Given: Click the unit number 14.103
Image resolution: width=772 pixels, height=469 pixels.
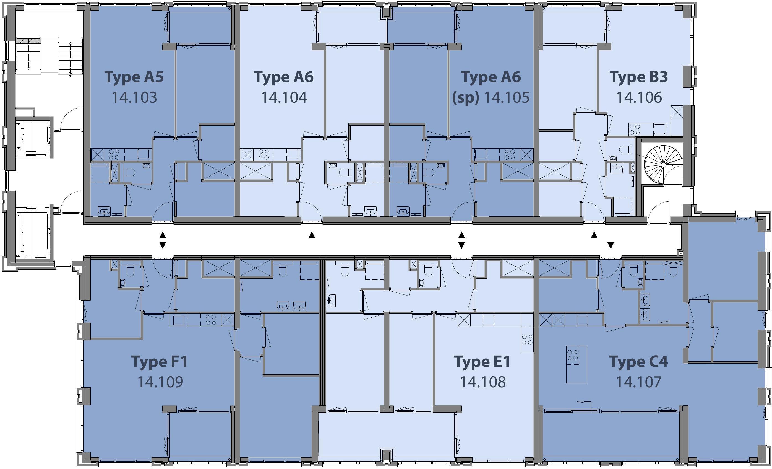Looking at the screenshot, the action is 134,97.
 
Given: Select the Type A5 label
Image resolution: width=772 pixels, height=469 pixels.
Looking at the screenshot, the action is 134,77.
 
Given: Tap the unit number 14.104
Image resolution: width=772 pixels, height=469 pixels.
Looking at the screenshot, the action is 284,97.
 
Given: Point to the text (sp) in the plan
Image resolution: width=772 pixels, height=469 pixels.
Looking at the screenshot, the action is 466,97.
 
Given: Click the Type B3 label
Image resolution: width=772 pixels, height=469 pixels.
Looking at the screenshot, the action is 638,77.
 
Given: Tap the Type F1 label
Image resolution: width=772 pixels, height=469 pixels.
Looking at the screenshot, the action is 160,361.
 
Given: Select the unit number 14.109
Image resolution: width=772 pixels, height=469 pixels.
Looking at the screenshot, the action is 160,382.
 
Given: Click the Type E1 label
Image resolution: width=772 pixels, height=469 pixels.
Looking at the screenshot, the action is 482,361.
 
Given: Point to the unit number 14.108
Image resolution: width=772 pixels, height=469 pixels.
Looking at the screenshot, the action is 482,382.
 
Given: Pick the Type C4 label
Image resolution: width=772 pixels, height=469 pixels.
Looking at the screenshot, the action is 638,361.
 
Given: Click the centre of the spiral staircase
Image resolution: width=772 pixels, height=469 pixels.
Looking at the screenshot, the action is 663,165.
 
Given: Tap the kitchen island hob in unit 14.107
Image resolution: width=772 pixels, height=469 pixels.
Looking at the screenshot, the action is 572,355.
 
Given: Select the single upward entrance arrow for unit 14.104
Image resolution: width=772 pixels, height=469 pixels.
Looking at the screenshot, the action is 311,235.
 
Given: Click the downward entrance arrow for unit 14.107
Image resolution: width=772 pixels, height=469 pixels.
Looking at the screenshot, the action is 611,245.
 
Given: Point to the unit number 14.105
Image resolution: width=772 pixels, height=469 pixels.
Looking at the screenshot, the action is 507,97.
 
